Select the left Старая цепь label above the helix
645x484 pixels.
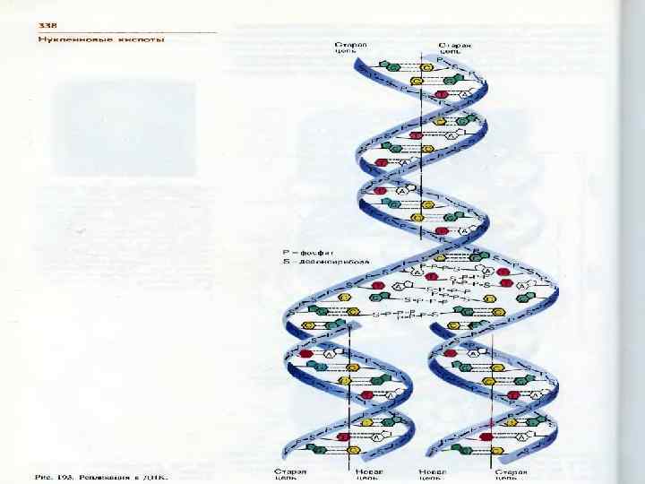(348, 48)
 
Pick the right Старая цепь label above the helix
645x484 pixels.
(455, 48)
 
